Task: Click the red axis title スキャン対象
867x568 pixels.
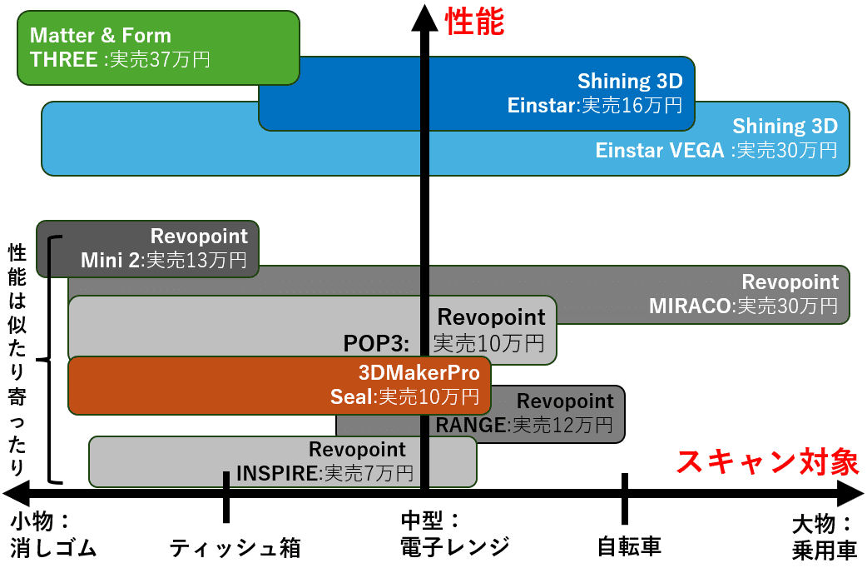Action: pos(768,461)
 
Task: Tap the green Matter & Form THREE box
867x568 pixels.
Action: pos(158,47)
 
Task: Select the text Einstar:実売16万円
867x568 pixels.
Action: pos(595,105)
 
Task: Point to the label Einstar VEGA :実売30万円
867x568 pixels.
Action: pos(716,150)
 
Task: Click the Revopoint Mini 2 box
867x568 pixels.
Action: pos(147,248)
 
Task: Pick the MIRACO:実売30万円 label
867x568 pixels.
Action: pos(743,306)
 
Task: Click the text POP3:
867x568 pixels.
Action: pos(377,343)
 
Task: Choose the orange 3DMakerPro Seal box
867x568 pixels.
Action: pos(280,386)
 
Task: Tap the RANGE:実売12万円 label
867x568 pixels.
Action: pos(524,426)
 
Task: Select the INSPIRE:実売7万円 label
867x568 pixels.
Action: pos(325,473)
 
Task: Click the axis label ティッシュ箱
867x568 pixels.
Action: pos(235,547)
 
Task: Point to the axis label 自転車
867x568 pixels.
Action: pos(629,546)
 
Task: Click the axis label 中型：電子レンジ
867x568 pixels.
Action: pos(455,534)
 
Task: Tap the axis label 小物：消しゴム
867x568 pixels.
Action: pos(53,535)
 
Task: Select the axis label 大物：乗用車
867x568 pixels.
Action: pos(825,537)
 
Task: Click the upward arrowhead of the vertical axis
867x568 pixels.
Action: pos(424,17)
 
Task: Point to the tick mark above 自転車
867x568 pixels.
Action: pos(624,498)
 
